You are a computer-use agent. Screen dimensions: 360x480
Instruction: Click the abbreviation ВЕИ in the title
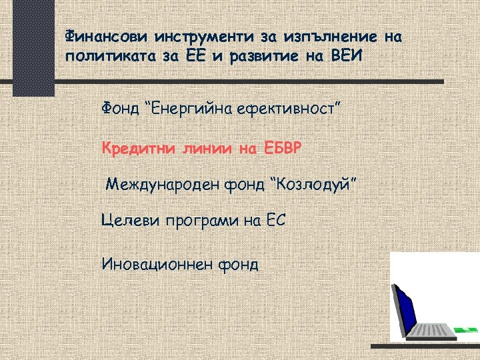tap(348, 55)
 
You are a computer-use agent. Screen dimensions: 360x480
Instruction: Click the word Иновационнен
tap(156, 264)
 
